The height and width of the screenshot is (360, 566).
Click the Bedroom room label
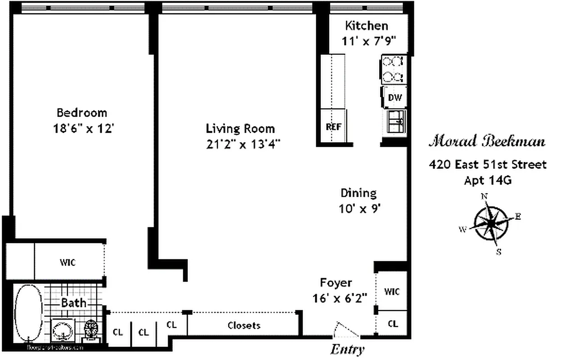[82, 112]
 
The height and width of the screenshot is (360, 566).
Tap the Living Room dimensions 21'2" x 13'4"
[241, 144]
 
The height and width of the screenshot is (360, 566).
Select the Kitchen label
[366, 25]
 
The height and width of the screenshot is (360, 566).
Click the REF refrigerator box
[333, 126]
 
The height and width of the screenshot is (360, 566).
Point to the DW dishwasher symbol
[395, 98]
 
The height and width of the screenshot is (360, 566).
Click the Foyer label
[335, 283]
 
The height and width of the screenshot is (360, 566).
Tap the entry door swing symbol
[346, 330]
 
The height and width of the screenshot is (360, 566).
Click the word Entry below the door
[347, 349]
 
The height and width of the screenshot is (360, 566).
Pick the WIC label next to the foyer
[392, 291]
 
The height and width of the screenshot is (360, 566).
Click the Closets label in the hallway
[244, 325]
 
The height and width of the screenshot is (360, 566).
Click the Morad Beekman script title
[486, 142]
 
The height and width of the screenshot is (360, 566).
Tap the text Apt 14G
[488, 180]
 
